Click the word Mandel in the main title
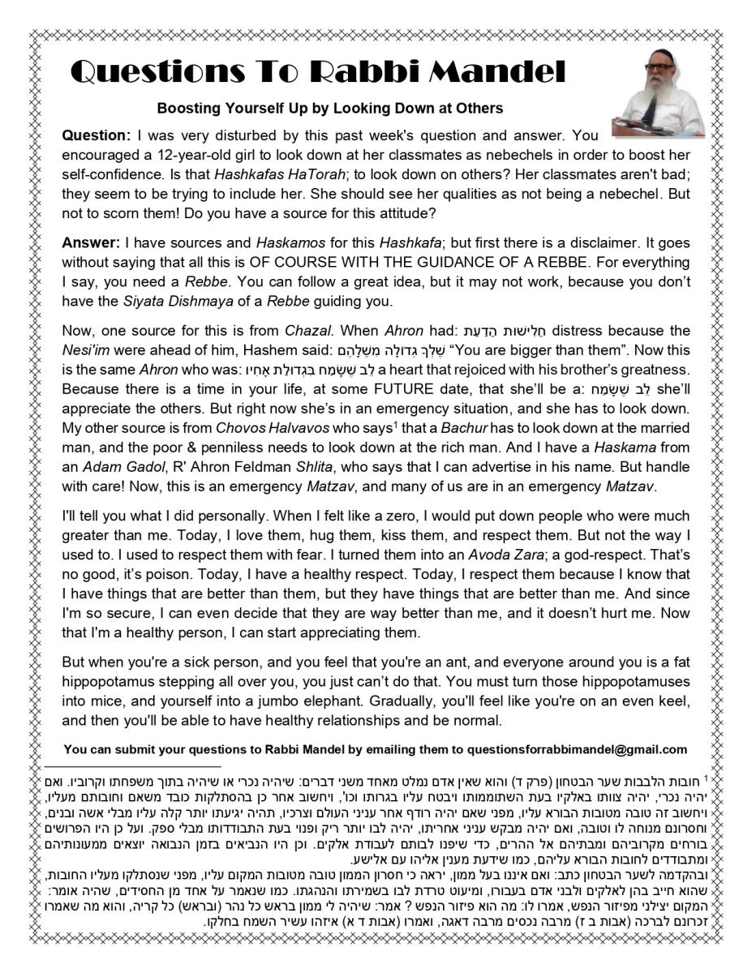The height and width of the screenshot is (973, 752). [496, 73]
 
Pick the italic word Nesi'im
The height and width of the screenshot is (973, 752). [85, 350]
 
